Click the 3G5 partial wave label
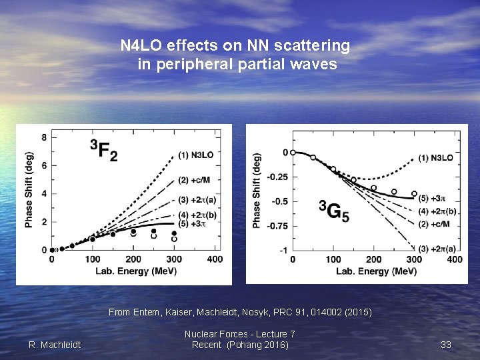click(x=333, y=211)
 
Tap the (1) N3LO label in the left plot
click(x=196, y=155)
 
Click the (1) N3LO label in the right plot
click(x=436, y=158)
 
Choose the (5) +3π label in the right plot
click(x=434, y=198)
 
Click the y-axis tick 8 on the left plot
click(x=44, y=138)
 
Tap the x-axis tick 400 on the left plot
click(x=214, y=259)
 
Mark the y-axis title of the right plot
click(x=257, y=191)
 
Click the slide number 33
click(x=446, y=345)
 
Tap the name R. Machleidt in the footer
click(x=55, y=345)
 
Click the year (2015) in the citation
click(x=357, y=312)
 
